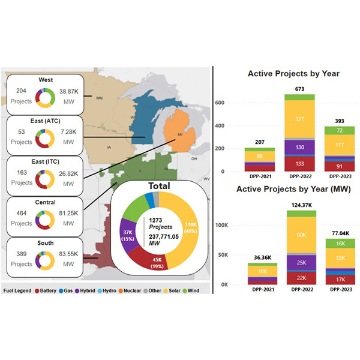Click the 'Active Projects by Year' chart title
click(x=293, y=74)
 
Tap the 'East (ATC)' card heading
click(x=46, y=121)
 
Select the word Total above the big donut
click(x=155, y=187)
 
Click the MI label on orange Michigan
click(x=179, y=136)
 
